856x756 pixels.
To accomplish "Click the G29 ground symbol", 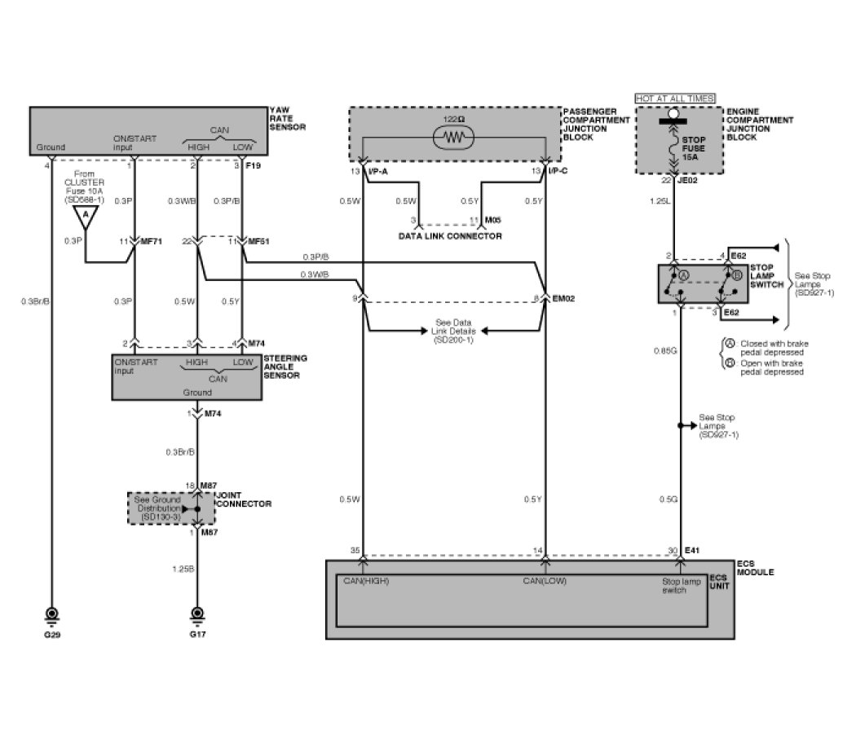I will [x=51, y=613].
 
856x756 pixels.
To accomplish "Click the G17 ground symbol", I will [x=196, y=613].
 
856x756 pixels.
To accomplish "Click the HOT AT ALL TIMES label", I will [x=675, y=98].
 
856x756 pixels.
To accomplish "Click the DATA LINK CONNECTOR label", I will [x=449, y=236].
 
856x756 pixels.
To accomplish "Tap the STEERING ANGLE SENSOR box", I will [x=188, y=377].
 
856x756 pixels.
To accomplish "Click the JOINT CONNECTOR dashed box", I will [x=170, y=508].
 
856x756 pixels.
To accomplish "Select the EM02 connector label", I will [x=563, y=299].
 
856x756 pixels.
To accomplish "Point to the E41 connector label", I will [x=693, y=551].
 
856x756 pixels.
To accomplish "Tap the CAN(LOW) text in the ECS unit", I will [x=545, y=582].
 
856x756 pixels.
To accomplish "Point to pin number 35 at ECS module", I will [x=355, y=552].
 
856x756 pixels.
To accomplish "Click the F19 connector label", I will [x=253, y=165].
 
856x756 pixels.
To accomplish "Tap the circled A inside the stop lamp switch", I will [x=683, y=276].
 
